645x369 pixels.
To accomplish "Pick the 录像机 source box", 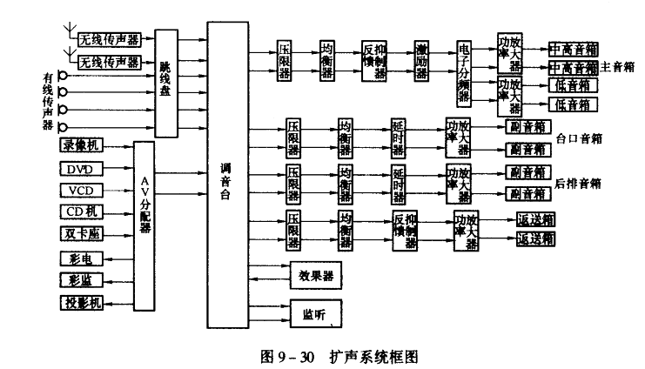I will coord(82,145).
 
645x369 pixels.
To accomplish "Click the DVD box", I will coord(81,168).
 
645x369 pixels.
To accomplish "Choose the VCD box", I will coord(81,191).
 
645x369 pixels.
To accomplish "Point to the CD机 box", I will coord(81,212).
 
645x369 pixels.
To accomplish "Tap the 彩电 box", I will coord(81,258).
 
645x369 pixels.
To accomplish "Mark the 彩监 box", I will coord(81,280).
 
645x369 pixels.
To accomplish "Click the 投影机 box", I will coord(81,303).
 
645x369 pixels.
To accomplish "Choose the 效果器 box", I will coord(314,276).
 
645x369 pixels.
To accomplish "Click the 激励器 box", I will coord(421,60).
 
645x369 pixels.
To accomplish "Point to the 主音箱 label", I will coord(617,67).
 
